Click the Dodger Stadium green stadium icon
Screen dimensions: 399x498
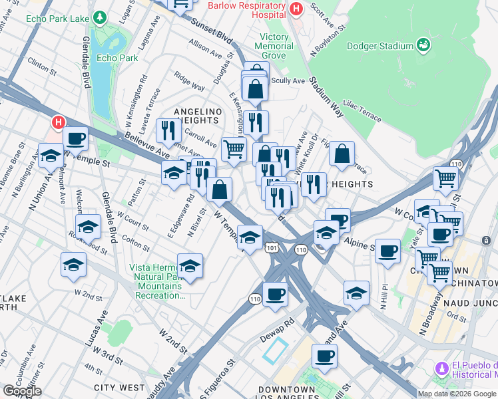[422, 45]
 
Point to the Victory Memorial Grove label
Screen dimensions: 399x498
[274, 46]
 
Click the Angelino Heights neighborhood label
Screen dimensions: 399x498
[196, 115]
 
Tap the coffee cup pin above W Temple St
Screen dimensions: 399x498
[75, 138]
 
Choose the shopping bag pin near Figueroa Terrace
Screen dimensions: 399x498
[342, 154]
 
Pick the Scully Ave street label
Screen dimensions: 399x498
[290, 80]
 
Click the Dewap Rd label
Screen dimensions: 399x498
[276, 330]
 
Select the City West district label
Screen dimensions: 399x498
[119, 387]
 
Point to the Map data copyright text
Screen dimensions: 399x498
[457, 394]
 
